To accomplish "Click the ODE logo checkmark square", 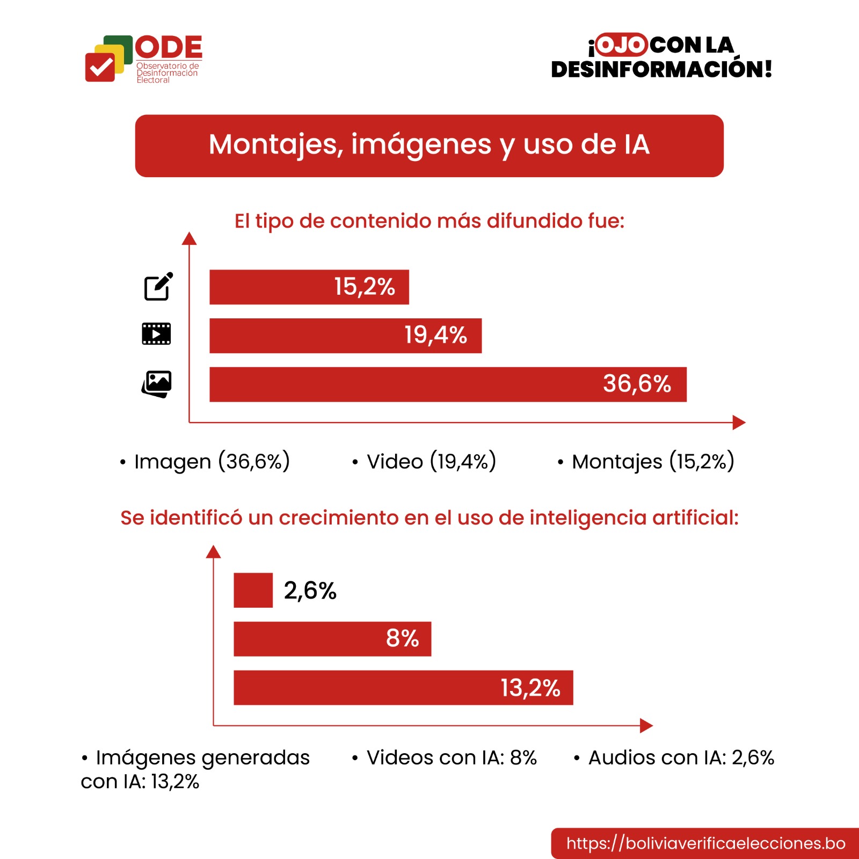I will pyautogui.click(x=100, y=68).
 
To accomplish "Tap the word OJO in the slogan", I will pyautogui.click(x=621, y=45).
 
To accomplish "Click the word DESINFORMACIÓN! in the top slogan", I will pyautogui.click(x=661, y=69).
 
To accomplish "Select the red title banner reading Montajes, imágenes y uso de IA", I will pyautogui.click(x=429, y=145).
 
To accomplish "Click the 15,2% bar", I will pyautogui.click(x=309, y=287).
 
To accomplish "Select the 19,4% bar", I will pyautogui.click(x=345, y=336).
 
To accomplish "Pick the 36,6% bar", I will pyautogui.click(x=448, y=384).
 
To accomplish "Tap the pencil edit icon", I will pyautogui.click(x=158, y=287).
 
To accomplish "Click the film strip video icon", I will pyautogui.click(x=156, y=334).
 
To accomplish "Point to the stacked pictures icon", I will pyautogui.click(x=156, y=384).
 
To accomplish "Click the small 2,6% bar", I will pyautogui.click(x=253, y=591).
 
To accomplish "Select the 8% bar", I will pyautogui.click(x=332, y=639).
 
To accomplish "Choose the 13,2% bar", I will pyautogui.click(x=403, y=688).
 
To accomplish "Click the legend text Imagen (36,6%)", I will pyautogui.click(x=212, y=462).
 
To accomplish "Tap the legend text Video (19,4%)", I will pyautogui.click(x=431, y=462).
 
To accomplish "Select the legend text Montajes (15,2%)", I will pyautogui.click(x=653, y=462).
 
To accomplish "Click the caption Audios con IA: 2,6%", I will pyautogui.click(x=681, y=758).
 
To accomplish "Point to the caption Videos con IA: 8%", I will pyautogui.click(x=451, y=758).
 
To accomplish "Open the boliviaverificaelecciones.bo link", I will pyautogui.click(x=705, y=843).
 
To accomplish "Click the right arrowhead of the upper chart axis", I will pyautogui.click(x=739, y=423).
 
